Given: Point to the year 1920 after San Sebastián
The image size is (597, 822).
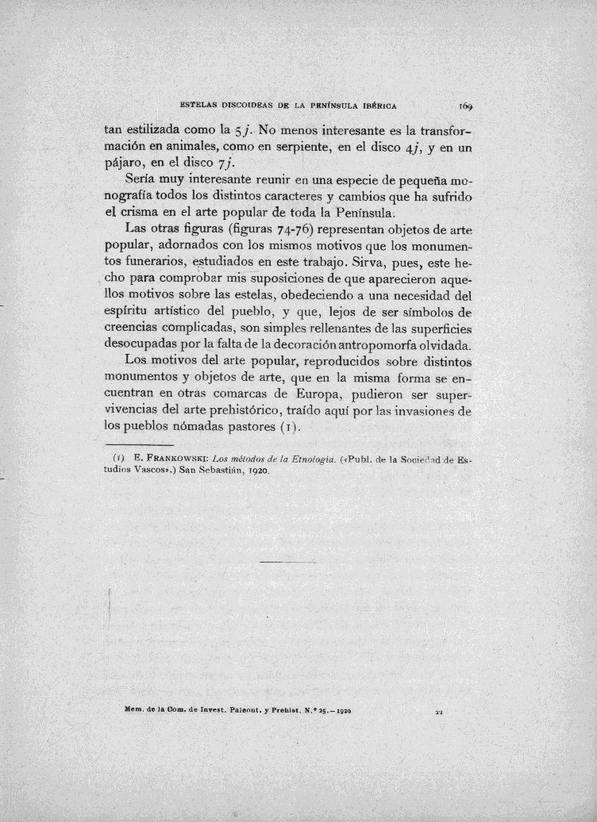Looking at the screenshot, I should pyautogui.click(x=256, y=471).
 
